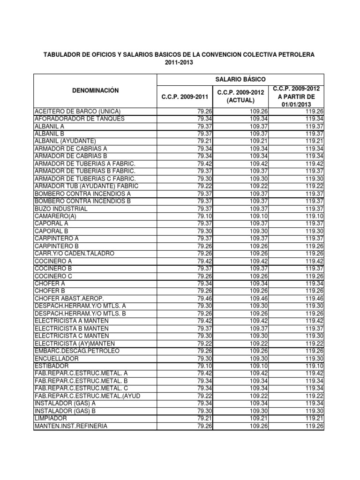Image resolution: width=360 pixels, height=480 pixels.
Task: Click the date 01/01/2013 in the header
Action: click(x=296, y=104)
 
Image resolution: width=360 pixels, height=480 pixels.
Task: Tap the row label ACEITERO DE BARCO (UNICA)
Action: click(x=78, y=111)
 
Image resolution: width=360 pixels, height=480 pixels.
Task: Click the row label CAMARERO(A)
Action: click(x=55, y=216)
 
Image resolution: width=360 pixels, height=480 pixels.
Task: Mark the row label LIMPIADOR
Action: click(x=51, y=418)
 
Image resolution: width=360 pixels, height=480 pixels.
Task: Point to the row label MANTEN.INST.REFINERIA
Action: click(x=71, y=426)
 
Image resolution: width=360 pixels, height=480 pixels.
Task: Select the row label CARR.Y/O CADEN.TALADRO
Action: click(x=74, y=254)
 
